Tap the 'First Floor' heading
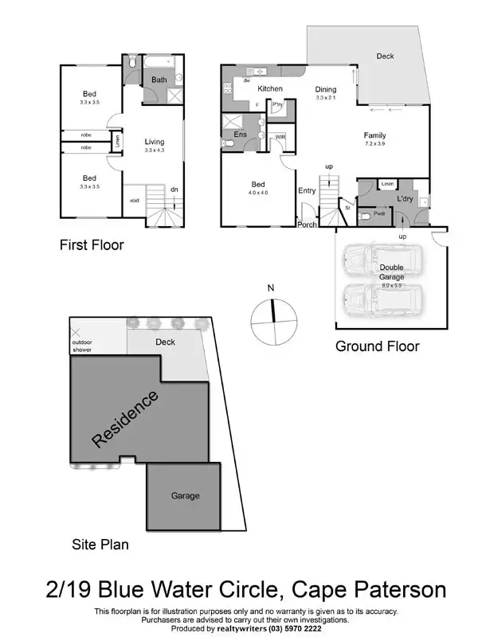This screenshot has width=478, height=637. coord(92,245)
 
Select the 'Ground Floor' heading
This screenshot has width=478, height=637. coord(377,346)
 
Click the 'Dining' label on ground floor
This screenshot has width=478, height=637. coord(325,89)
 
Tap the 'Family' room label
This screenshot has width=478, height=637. coord(374,135)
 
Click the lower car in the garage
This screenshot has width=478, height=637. coord(373,301)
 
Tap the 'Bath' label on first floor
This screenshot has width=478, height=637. coord(159,80)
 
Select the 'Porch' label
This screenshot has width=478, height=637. coord(308,225)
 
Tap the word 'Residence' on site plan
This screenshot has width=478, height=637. coord(125,418)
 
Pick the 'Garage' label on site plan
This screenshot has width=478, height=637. coord(185,495)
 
